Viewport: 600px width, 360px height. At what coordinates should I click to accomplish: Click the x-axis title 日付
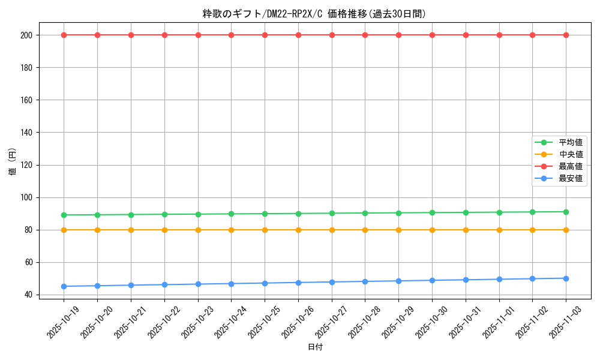(314, 347)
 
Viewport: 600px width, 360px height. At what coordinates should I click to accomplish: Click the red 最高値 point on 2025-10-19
(64, 35)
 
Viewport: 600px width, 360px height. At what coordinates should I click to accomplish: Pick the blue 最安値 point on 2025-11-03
(566, 278)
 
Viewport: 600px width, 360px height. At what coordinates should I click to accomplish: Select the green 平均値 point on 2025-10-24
(231, 214)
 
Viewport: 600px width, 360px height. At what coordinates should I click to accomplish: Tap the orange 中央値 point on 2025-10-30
(432, 230)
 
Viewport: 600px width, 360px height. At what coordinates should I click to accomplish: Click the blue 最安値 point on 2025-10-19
(64, 286)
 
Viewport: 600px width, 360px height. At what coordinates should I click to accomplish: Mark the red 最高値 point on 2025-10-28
(365, 35)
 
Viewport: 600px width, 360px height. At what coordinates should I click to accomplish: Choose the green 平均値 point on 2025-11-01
(499, 212)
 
